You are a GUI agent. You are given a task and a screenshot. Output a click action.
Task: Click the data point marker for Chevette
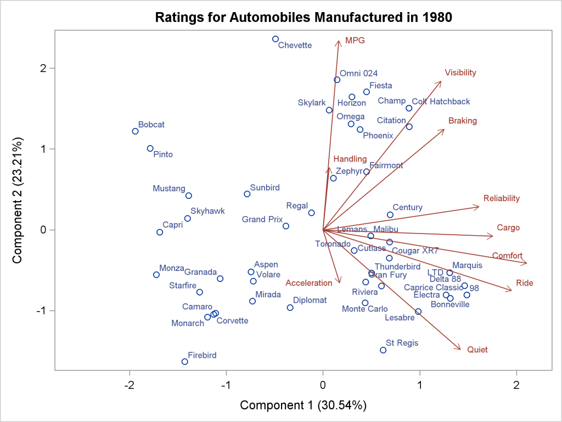275,39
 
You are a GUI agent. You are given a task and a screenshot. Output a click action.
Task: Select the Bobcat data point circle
135,131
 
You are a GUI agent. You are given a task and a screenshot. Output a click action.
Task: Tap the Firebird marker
184,362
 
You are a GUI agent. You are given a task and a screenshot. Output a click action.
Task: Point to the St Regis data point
383,350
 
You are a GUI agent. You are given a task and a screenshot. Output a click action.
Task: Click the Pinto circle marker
150,148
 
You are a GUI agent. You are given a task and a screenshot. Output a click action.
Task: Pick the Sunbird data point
247,194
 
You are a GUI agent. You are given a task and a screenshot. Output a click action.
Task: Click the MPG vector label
355,41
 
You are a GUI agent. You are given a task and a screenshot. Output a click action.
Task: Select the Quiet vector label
477,349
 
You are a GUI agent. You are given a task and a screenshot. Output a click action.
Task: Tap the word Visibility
460,73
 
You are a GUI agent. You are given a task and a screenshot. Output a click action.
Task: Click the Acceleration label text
308,283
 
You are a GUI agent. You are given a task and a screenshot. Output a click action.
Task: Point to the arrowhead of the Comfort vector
526,263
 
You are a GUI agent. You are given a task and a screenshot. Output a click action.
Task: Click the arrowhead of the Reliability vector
479,207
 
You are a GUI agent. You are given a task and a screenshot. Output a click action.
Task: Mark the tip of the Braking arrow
444,130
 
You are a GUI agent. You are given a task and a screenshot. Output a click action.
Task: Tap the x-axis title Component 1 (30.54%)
303,406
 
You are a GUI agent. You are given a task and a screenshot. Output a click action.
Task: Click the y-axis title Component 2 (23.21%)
18,201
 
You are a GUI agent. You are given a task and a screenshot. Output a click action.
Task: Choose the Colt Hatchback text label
441,102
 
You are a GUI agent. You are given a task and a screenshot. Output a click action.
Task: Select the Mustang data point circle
188,196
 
